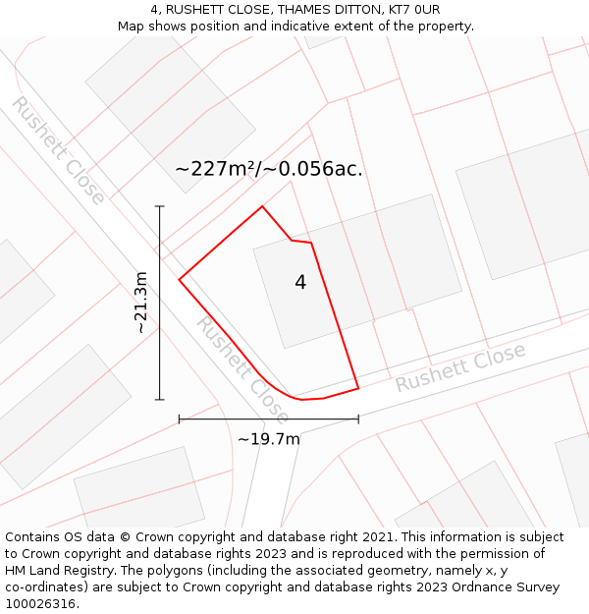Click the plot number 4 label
pos(300,283)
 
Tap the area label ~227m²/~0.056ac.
pos(269,169)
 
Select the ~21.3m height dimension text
pos(141,303)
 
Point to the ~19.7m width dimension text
pos(269,439)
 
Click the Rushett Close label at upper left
pos(58,150)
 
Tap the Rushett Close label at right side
pos(460,367)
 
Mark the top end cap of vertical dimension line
pos(160,206)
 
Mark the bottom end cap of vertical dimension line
pos(160,400)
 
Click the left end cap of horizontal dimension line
pos(179,419)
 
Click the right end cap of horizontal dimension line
pos(358,419)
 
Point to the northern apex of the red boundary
pos(262,206)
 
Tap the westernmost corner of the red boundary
pos(179,280)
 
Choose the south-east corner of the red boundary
pos(358,388)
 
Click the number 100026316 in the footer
pos(40,604)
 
